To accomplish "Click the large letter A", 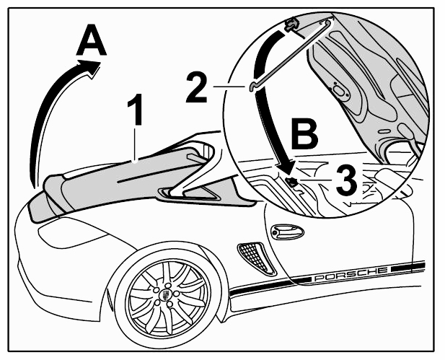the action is coord(92,40).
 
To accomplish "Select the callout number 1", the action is coord(136,110).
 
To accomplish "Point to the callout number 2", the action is coord(197,87).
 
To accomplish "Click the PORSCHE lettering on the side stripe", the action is coord(351,274).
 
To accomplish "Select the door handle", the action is coord(287,232).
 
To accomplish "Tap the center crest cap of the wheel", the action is coord(165,295).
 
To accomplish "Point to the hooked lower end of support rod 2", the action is coord(253,86).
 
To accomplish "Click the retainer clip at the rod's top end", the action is coord(292,24).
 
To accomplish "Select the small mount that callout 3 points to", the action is coord(291,181).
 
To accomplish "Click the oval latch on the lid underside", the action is coord(339,91).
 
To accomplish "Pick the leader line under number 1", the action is coord(136,145).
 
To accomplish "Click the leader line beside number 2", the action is coord(229,86).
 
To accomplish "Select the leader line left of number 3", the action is coord(316,180).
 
